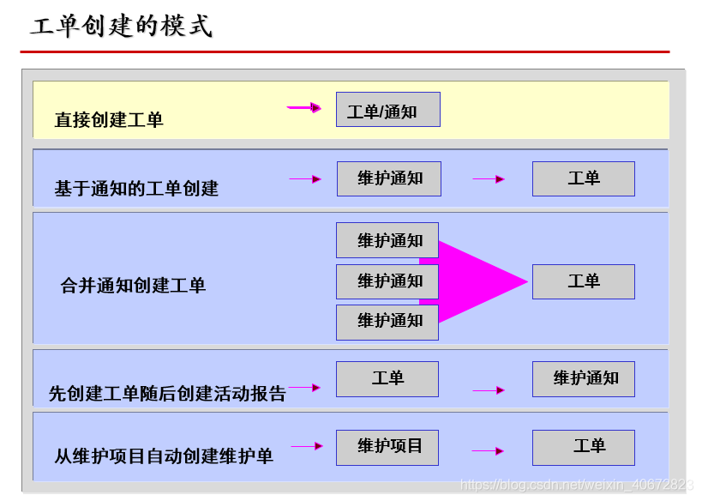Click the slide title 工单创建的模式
(121, 27)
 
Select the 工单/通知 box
(387, 110)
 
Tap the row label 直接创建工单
(109, 120)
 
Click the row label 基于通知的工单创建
(136, 188)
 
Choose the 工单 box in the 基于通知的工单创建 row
(583, 178)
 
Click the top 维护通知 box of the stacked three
(387, 240)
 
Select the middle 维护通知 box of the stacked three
(387, 281)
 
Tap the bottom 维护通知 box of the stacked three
(387, 322)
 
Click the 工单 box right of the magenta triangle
(583, 281)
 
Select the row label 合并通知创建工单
(133, 286)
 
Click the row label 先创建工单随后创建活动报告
(167, 394)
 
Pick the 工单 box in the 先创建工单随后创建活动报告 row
(387, 378)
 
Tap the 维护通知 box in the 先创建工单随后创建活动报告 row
(583, 378)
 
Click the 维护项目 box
(387, 447)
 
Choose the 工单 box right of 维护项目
(583, 447)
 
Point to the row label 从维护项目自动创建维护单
(164, 456)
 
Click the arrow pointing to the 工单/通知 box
(303, 108)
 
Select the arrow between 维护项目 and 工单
(488, 451)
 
